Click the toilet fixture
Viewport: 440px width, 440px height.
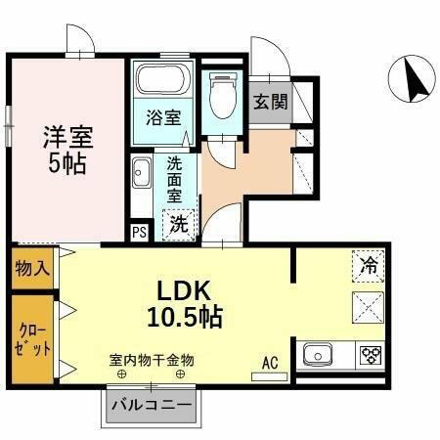pos(222,95)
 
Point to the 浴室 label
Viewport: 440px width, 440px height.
pos(162,118)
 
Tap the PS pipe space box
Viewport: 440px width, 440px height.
pos(139,232)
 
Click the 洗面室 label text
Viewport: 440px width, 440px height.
pos(174,179)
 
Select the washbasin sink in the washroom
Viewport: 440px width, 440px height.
pos(140,176)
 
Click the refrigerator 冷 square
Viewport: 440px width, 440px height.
pos(368,265)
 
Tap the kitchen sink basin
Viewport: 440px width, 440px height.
pos(322,354)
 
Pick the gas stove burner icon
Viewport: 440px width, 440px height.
pos(371,353)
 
